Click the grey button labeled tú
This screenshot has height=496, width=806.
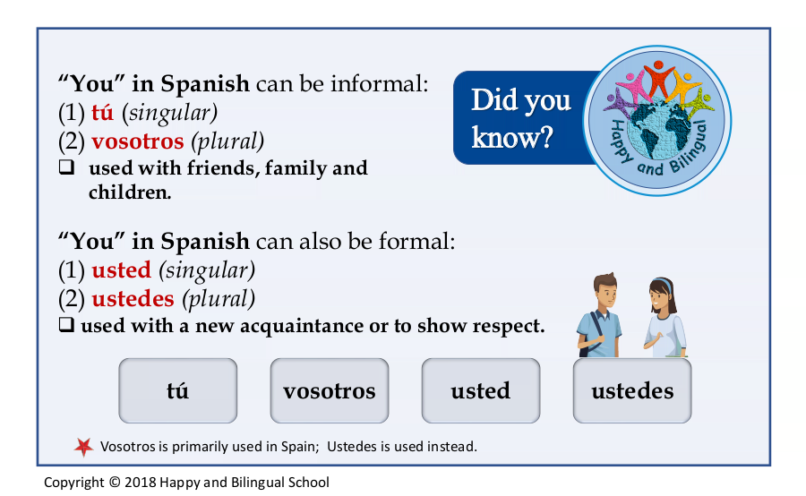(178, 390)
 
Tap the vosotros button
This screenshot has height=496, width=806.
(330, 390)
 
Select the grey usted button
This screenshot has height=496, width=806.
(481, 390)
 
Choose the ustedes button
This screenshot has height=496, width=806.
(632, 390)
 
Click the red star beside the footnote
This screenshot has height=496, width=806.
(84, 447)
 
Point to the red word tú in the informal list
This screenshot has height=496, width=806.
(102, 113)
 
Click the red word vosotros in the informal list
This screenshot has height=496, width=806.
(138, 141)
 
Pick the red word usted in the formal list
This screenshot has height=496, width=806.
(121, 270)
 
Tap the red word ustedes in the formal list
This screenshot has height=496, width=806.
(133, 299)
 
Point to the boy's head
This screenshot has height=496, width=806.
(605, 289)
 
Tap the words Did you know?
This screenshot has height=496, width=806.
(520, 118)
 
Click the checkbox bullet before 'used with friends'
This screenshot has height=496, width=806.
(66, 167)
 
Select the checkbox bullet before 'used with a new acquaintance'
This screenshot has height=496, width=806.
(66, 324)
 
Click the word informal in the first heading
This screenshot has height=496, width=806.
(379, 84)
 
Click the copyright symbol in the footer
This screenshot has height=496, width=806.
(115, 482)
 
